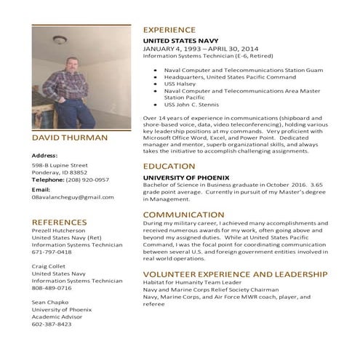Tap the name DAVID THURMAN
tap(70, 137)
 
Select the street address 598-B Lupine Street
tap(60, 165)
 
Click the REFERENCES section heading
tap(59, 222)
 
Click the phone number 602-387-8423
tap(52, 324)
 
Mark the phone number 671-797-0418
tap(52, 252)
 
